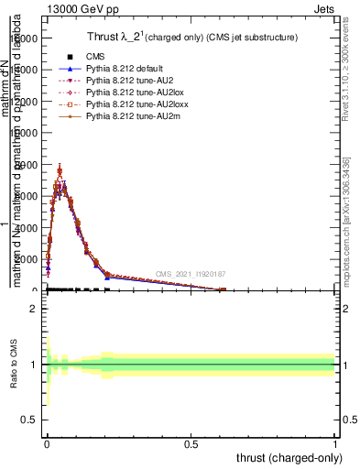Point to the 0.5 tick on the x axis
point(191,442)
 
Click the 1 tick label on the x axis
point(335,442)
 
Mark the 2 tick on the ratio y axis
point(32,309)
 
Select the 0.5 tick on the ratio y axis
point(29,419)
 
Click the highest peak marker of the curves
point(60,170)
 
